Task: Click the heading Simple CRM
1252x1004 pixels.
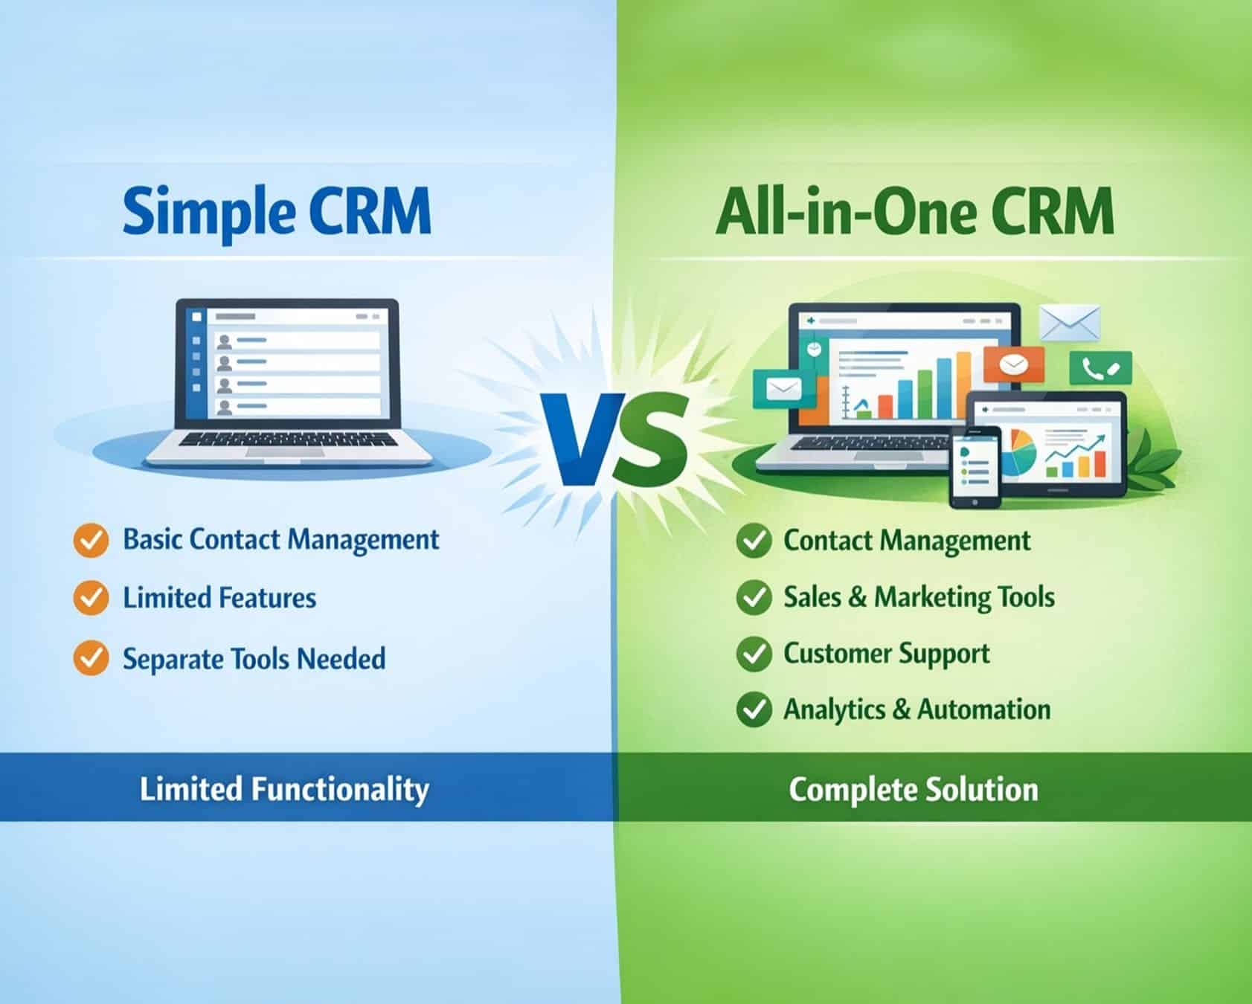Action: click(276, 211)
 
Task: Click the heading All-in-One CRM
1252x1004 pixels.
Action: click(914, 210)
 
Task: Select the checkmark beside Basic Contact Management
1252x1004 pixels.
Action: click(91, 540)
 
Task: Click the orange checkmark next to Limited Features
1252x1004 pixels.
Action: click(91, 598)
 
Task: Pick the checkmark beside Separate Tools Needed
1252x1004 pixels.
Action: click(91, 658)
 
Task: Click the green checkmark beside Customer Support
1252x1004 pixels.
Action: click(753, 654)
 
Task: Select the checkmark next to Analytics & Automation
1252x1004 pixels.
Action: click(753, 709)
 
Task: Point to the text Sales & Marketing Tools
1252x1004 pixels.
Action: click(919, 597)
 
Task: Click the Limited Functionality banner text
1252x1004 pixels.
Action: click(284, 789)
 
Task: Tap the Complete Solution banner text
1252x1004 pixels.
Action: click(913, 789)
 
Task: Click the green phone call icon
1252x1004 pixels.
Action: click(1100, 368)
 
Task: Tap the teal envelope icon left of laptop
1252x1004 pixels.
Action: click(777, 388)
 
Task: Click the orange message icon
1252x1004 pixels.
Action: click(1013, 364)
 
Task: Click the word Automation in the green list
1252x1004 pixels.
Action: click(984, 709)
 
